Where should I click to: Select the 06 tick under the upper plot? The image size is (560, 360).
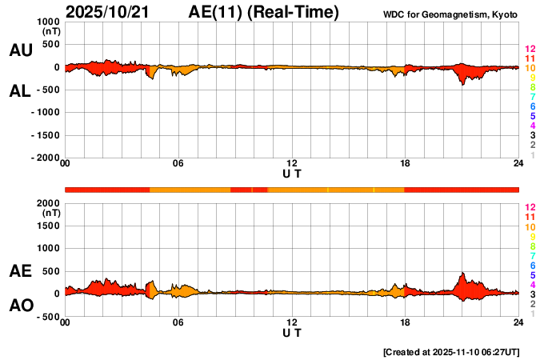point(178,164)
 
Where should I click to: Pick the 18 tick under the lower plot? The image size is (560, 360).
point(406,322)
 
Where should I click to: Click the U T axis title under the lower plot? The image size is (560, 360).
point(291,332)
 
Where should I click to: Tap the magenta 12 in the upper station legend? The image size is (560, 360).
point(530,49)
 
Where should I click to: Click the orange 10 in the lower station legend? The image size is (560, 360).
point(530,227)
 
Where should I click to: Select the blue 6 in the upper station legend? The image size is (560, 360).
point(532,106)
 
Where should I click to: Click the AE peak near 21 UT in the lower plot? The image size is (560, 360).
point(462,274)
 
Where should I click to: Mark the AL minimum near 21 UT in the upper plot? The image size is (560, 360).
point(462,84)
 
